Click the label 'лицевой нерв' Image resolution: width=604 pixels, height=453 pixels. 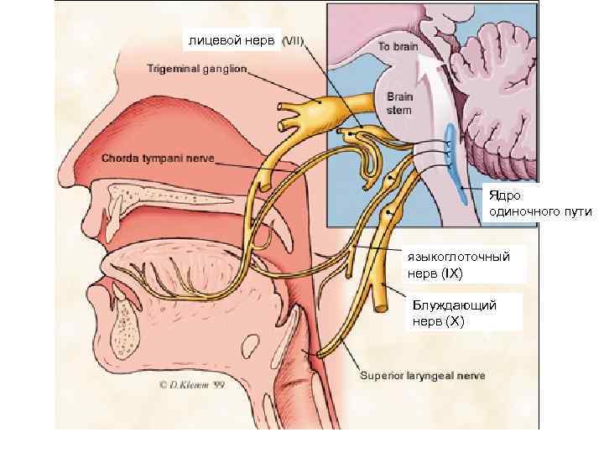[x=232, y=39]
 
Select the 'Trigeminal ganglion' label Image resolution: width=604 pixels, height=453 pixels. [x=197, y=69]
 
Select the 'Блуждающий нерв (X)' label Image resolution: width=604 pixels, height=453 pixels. [x=453, y=311]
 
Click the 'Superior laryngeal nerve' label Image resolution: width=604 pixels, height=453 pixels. [x=422, y=375]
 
